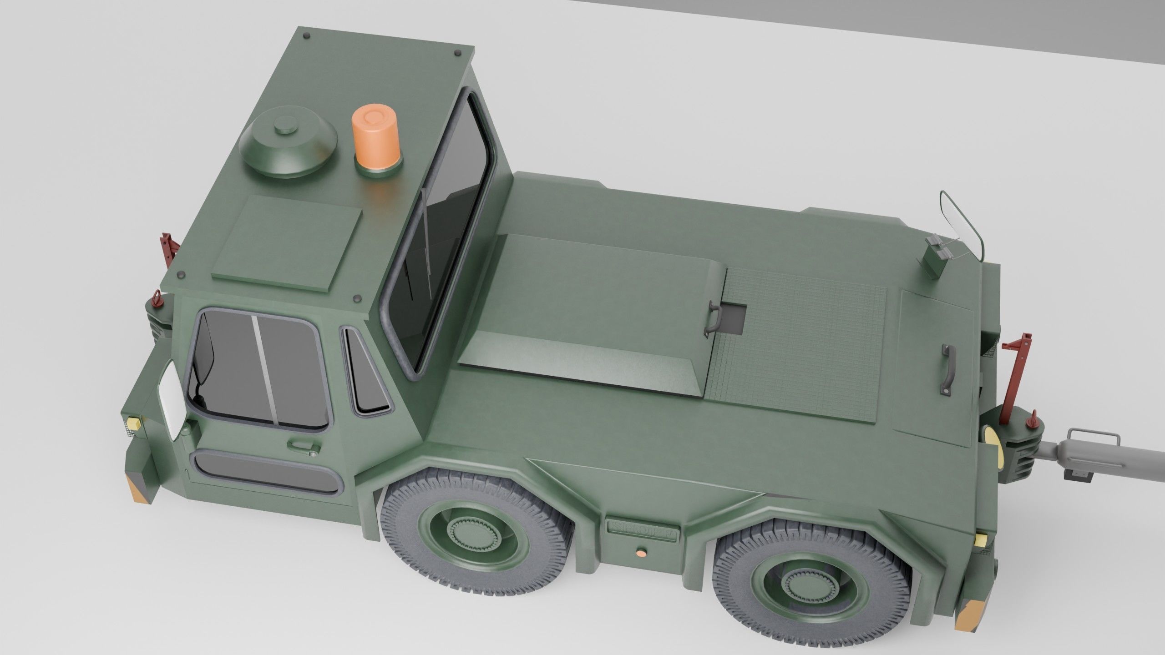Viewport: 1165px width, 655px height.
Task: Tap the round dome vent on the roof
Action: (288, 142)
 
